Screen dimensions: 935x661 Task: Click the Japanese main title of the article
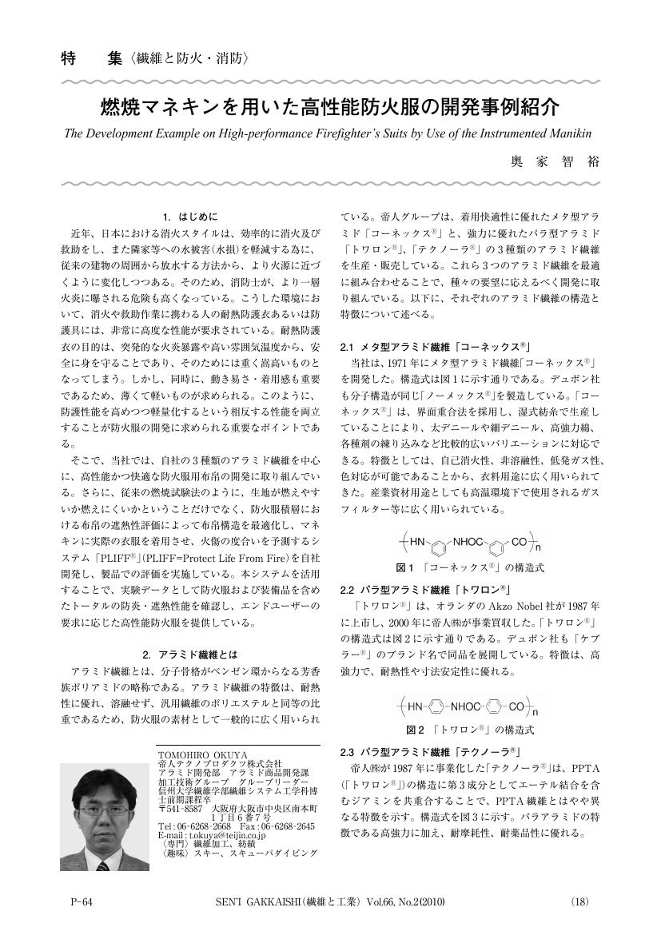click(329, 107)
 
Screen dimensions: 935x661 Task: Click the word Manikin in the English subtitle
click(568, 132)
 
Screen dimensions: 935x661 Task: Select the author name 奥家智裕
click(554, 161)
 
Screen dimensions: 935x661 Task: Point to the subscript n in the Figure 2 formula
click(536, 710)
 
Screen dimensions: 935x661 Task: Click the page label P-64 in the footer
click(82, 902)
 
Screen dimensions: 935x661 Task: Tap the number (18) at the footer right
click(579, 902)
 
